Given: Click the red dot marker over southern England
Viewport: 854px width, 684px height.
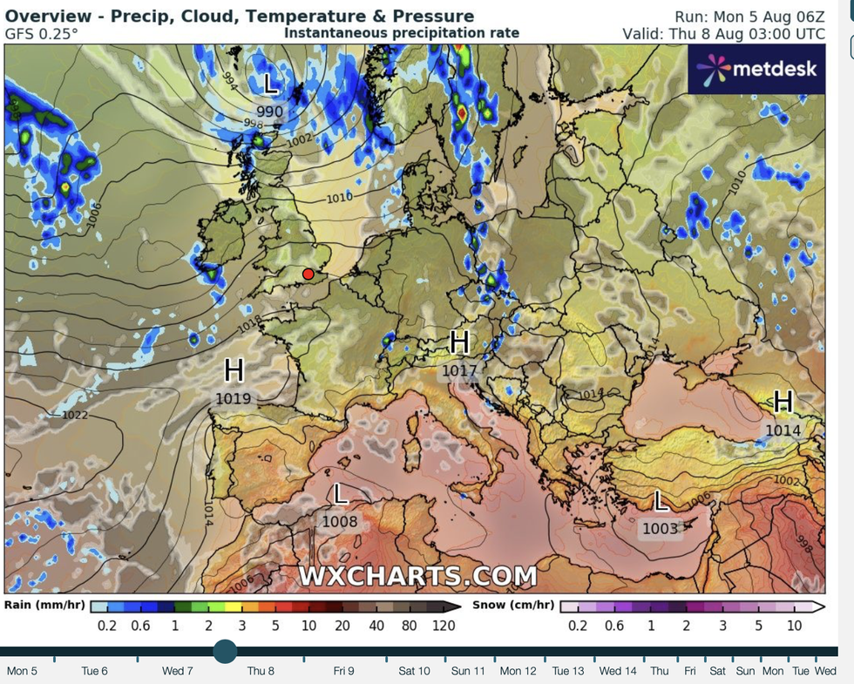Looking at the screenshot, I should (308, 274).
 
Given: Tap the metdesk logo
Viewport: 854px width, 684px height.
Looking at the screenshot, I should (756, 67).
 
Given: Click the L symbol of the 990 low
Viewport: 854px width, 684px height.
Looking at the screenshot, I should (271, 85).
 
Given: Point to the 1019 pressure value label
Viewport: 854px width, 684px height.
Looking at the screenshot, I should (234, 399).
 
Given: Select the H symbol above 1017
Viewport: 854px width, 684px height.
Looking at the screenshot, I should (460, 342).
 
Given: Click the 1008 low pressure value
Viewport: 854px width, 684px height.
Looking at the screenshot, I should (340, 522).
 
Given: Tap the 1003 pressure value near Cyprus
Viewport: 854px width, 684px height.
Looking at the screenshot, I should (660, 528).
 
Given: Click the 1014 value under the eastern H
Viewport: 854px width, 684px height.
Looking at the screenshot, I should (783, 430).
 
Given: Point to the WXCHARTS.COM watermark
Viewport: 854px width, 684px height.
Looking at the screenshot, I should (418, 576).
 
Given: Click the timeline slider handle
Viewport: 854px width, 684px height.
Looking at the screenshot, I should (225, 651).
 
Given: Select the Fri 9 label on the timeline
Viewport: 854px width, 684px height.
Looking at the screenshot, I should (343, 671).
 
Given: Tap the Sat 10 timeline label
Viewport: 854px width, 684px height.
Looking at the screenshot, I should (414, 671).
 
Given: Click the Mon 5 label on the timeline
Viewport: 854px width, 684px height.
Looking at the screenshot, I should (22, 671).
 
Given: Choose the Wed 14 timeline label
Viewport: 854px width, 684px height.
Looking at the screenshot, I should (617, 671).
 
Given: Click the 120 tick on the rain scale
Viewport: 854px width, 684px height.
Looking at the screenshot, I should (444, 626).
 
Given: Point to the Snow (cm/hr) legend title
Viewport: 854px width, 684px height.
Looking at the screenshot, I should (513, 605).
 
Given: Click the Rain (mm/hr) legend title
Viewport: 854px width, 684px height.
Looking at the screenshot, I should (44, 605).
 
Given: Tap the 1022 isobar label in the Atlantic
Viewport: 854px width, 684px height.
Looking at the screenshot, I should (75, 416).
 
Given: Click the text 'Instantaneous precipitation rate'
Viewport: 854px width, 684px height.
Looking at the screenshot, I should (402, 33).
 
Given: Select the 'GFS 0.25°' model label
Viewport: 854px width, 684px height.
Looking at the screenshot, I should (41, 33).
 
